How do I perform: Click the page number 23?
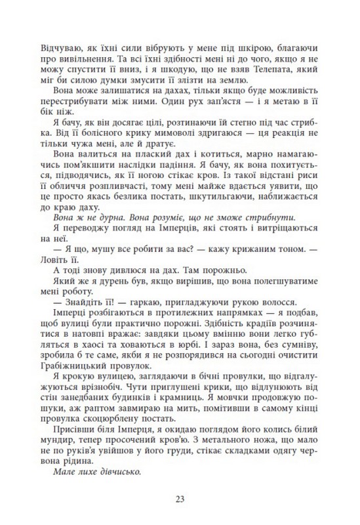click(180, 499)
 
